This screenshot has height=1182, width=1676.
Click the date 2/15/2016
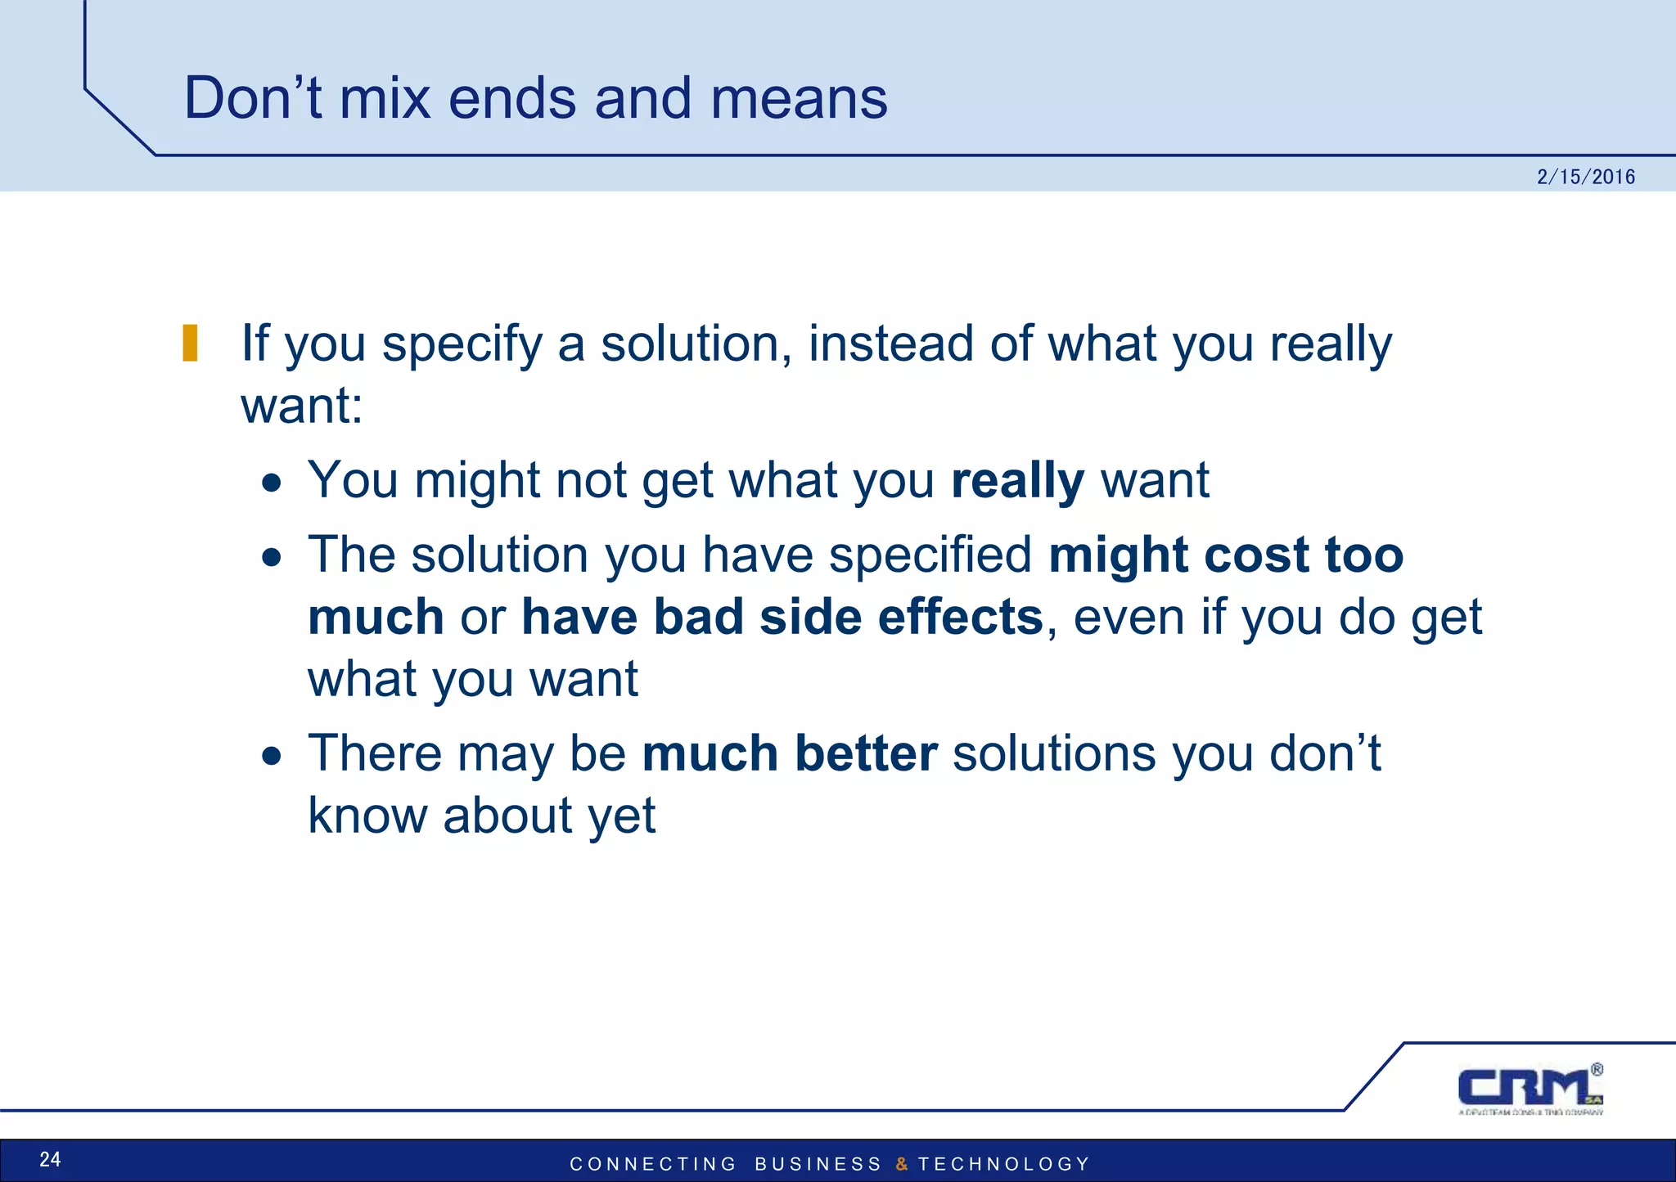[x=1585, y=177]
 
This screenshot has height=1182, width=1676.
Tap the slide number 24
[x=50, y=1159]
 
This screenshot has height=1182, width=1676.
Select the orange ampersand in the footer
[x=902, y=1164]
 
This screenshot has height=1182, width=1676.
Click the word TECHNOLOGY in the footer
[x=1004, y=1164]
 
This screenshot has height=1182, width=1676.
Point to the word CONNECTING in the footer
[x=653, y=1164]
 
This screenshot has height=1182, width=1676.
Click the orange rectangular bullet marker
[x=190, y=343]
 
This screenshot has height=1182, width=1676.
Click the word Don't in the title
[x=253, y=98]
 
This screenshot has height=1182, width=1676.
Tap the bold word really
[x=1017, y=481]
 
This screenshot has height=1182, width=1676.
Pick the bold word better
[x=866, y=753]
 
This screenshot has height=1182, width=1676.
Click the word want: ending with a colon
[x=301, y=406]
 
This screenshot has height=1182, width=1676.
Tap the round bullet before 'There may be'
[x=272, y=757]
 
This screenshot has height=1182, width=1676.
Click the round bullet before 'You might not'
[x=272, y=483]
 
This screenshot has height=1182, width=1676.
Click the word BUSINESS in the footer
[x=818, y=1164]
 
